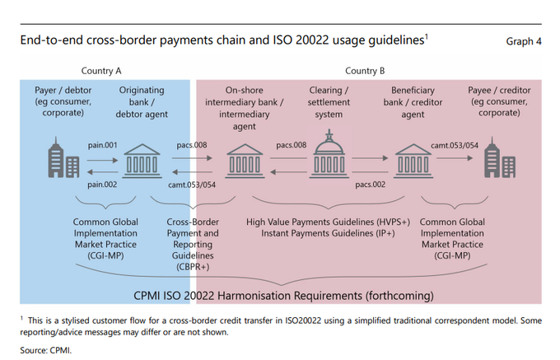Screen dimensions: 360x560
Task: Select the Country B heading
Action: tap(365, 71)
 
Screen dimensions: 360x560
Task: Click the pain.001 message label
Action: tap(103, 146)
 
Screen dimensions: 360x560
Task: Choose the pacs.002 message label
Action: tap(371, 185)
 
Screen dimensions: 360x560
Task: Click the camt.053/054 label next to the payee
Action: tap(454, 146)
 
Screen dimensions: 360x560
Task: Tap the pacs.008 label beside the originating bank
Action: tap(191, 146)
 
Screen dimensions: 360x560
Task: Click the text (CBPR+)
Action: tap(194, 267)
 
